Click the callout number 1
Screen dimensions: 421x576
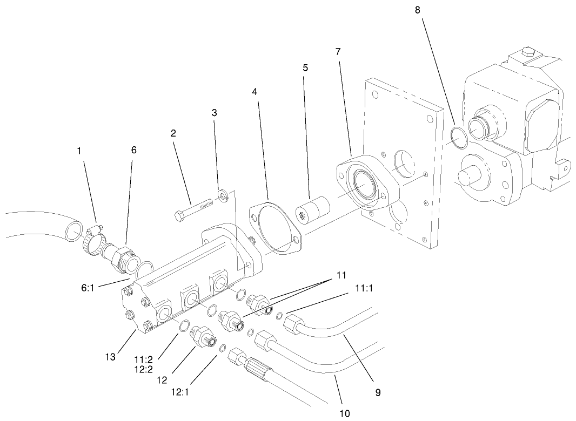coord(80,152)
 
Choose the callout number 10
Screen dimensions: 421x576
coord(344,413)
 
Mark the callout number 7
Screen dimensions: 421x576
coord(338,52)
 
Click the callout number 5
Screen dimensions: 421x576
coord(305,68)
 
